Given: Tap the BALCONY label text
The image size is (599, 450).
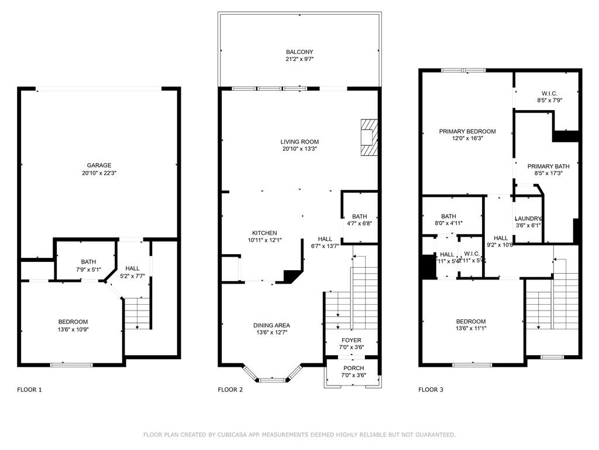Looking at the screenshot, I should point(299,52).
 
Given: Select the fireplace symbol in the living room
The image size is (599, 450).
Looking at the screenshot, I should point(369,137).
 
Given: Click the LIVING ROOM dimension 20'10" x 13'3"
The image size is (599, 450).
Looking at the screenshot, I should point(299,149).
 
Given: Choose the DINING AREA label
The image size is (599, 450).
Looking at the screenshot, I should point(271,325).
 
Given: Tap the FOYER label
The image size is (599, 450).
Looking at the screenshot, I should point(352,340).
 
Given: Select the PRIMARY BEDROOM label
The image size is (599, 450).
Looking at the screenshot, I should point(467,131).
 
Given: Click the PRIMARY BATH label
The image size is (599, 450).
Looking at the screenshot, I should point(548,166).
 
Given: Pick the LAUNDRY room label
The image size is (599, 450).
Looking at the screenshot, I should point(528,218).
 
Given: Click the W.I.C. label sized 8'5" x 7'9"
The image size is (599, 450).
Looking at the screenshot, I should point(549,93).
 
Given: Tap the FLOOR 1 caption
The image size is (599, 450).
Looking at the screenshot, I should point(29,390).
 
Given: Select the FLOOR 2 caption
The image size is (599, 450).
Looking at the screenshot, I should point(230,390).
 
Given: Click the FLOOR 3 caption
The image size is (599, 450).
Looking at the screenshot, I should point(431,390).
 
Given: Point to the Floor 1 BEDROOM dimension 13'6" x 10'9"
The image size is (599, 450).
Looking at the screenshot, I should point(73,329).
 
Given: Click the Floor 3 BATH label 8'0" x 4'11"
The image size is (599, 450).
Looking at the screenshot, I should point(449,216).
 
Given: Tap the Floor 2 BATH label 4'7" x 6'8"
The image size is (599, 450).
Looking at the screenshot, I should point(359,216).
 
